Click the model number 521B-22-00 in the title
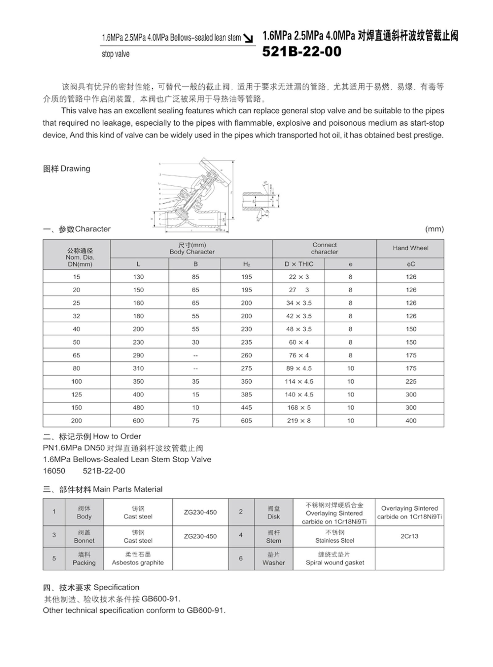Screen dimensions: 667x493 pyautogui.click(x=302, y=51)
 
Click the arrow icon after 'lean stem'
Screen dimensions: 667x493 pyautogui.click(x=248, y=38)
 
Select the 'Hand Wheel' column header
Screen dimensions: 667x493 pyautogui.click(x=410, y=248)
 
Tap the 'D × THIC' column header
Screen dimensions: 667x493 pyautogui.click(x=299, y=264)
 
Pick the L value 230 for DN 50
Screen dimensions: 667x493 pyautogui.click(x=138, y=342)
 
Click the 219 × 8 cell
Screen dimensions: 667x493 pyautogui.click(x=299, y=421)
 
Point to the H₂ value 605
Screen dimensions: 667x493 pyautogui.click(x=246, y=421)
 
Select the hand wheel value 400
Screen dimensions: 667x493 pyautogui.click(x=411, y=421)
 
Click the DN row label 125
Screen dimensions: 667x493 pyautogui.click(x=76, y=394)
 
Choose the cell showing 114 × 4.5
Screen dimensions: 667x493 pyautogui.click(x=299, y=382)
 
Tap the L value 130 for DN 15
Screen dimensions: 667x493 pyautogui.click(x=138, y=277)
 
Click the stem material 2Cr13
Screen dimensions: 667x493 pyautogui.click(x=409, y=536)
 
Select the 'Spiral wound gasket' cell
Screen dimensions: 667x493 pyautogui.click(x=335, y=563)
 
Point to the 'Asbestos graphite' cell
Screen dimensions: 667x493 pyautogui.click(x=138, y=563)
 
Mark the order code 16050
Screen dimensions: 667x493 pyautogui.click(x=54, y=471)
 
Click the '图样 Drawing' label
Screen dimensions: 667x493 pyautogui.click(x=67, y=169)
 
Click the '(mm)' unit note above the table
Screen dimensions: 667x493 pyautogui.click(x=434, y=229)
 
